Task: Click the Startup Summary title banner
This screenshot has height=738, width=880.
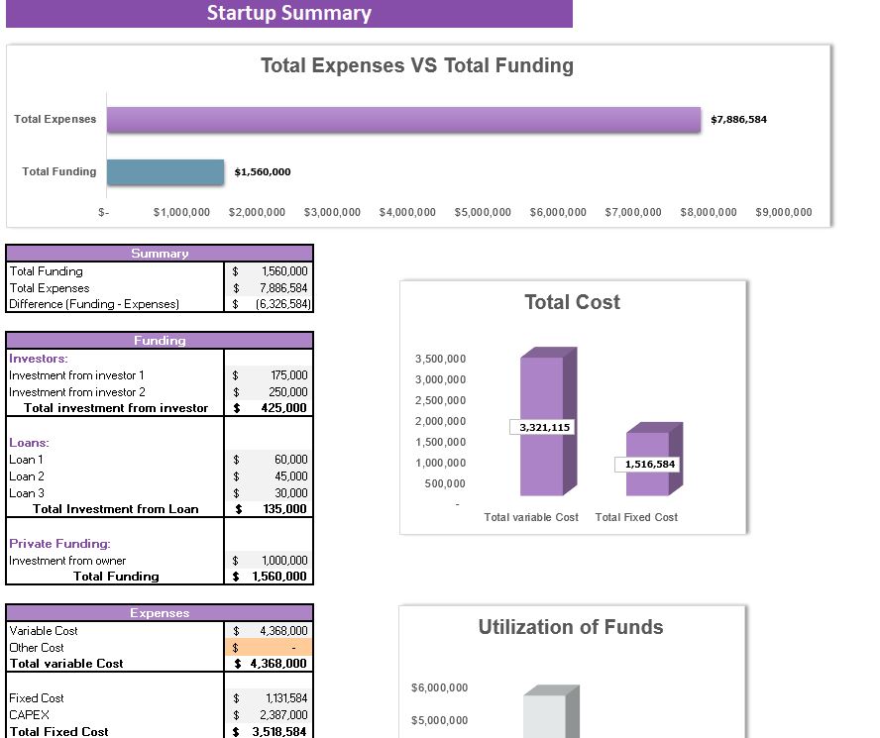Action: tap(288, 13)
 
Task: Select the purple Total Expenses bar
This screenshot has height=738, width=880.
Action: tap(403, 119)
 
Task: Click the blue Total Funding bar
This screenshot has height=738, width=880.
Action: tap(165, 171)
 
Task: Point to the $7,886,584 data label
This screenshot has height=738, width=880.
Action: tap(738, 119)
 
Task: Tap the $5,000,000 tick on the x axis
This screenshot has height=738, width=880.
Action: tap(483, 212)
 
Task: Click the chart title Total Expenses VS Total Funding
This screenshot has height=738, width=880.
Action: tap(416, 65)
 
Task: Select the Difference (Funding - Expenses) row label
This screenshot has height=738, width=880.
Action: tap(94, 304)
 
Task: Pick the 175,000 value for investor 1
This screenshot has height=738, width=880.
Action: tap(288, 375)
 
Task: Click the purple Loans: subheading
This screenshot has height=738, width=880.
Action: tap(29, 443)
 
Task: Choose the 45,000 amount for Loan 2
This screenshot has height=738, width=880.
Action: tap(291, 476)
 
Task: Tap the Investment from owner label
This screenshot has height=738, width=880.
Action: tap(67, 561)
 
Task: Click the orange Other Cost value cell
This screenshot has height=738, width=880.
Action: tap(270, 648)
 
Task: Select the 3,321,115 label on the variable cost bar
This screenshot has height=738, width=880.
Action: tap(543, 427)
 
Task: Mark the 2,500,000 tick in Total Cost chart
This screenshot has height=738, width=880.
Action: tap(440, 400)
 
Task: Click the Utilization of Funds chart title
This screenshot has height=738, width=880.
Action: tap(571, 627)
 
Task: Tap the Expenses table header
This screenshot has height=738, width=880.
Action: tap(160, 613)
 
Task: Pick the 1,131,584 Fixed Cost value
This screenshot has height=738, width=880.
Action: tap(286, 698)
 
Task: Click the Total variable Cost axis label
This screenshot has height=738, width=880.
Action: tap(531, 517)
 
